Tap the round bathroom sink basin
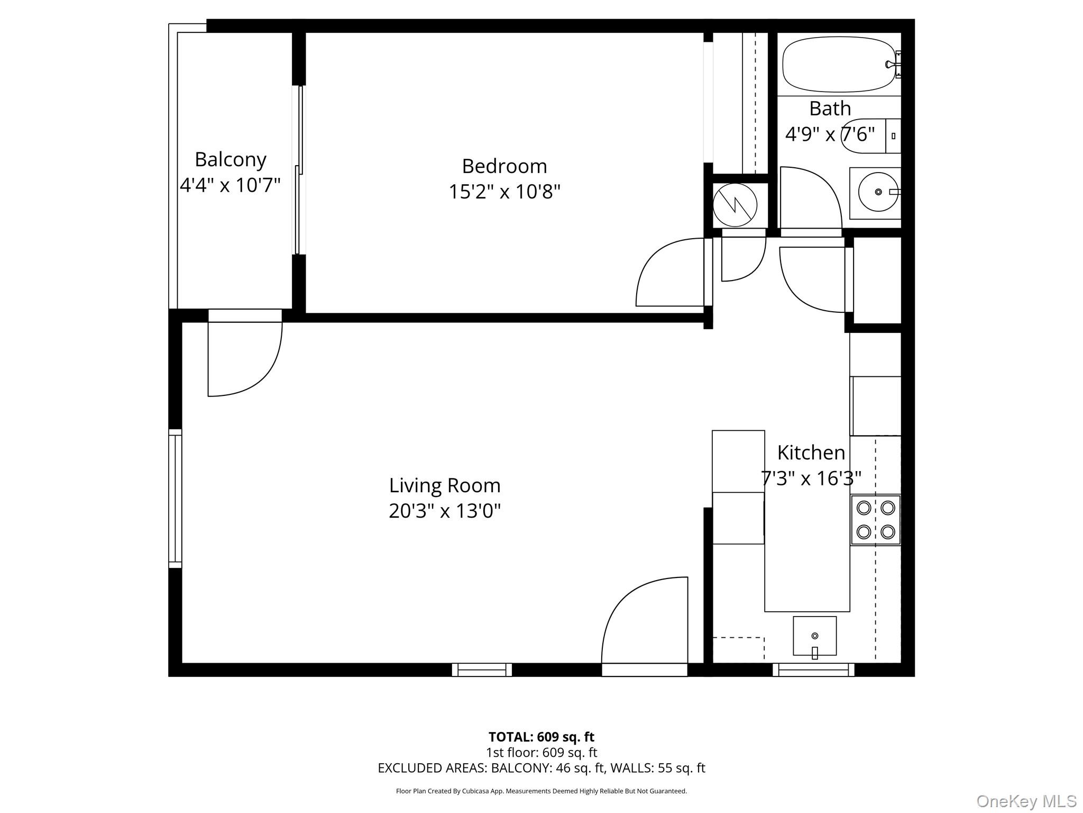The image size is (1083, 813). (878, 192)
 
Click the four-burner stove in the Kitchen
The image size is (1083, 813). (876, 520)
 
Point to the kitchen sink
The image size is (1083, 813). (814, 636)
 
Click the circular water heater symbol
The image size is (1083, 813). (735, 205)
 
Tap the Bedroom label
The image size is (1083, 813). (504, 166)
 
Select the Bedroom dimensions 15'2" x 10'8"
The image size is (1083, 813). (504, 192)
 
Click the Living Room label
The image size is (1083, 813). (445, 486)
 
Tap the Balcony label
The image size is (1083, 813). (231, 160)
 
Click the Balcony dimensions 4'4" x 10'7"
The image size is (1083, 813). (230, 185)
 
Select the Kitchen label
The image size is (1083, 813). (811, 453)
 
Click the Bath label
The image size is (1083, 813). (830, 109)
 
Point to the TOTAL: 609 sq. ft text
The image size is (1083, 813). (541, 737)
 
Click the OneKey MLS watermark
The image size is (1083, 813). (1026, 801)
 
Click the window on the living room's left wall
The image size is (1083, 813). (175, 499)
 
